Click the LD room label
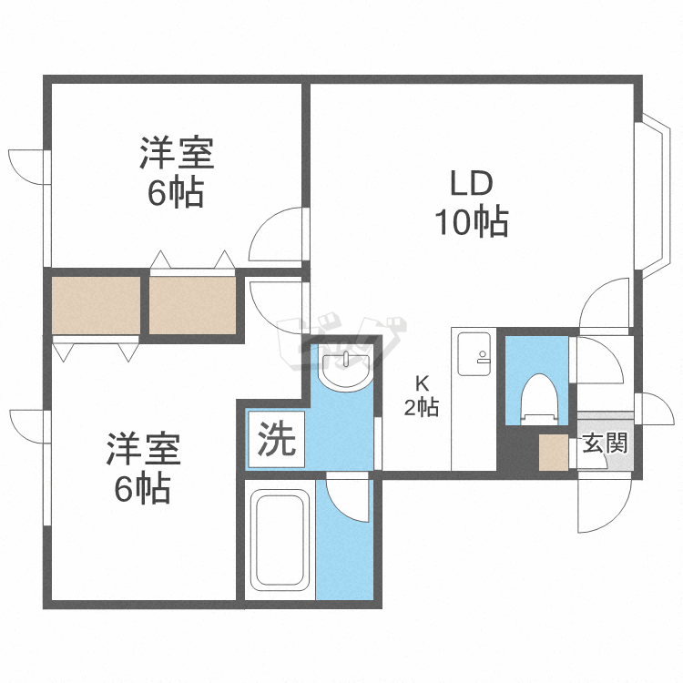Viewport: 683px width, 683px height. point(472,183)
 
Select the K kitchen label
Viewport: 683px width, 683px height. point(422,382)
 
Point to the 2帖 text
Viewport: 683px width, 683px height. point(422,408)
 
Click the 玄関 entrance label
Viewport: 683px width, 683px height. point(605,443)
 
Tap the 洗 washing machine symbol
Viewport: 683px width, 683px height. point(275,442)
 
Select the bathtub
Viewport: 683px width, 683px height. point(280,541)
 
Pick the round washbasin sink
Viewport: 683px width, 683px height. point(347,372)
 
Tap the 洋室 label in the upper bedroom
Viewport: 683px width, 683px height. point(177,154)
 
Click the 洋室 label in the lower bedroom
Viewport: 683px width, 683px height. point(143,450)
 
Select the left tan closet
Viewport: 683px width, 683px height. point(96,304)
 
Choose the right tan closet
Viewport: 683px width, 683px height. point(193,304)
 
